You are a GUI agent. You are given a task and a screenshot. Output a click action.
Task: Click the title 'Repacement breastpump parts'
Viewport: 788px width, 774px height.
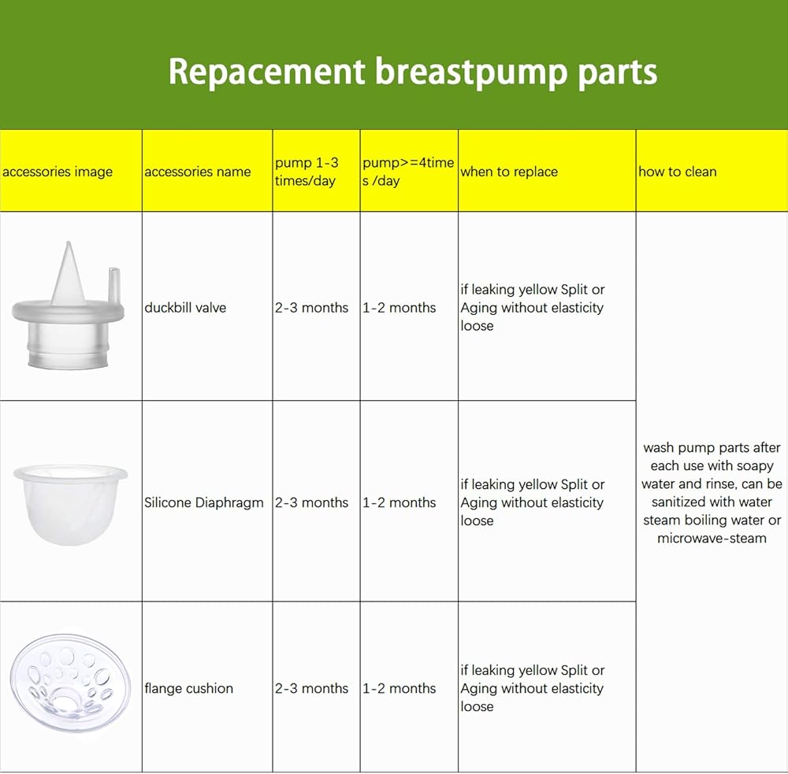click(413, 72)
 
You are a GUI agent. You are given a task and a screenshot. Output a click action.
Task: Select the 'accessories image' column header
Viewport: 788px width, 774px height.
click(58, 172)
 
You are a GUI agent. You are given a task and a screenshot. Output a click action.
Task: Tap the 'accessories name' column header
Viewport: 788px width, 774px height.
click(198, 172)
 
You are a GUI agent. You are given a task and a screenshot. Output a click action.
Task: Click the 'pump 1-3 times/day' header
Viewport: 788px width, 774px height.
click(307, 172)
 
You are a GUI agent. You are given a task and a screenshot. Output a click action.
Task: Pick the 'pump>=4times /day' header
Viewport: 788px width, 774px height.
click(408, 172)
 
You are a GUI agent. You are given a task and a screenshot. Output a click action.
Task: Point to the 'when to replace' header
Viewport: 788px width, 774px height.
click(509, 172)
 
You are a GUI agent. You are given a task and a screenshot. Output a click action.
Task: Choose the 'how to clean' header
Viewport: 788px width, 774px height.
click(678, 172)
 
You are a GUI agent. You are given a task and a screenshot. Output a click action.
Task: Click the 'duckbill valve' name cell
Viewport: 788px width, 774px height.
click(185, 307)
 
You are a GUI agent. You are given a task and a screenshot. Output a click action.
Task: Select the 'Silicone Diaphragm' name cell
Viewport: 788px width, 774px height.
click(203, 502)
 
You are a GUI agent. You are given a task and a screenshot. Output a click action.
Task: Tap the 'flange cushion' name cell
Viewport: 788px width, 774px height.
click(188, 688)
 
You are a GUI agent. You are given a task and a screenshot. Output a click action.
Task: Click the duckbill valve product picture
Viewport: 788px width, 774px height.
click(69, 306)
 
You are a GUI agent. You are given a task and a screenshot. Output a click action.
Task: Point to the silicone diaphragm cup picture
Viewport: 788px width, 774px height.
click(70, 504)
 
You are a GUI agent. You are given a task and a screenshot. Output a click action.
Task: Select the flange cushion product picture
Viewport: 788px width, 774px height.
click(70, 682)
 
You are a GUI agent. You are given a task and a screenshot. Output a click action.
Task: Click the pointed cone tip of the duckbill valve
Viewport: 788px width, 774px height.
click(69, 243)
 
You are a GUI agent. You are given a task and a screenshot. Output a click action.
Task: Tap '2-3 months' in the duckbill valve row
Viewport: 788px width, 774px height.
click(311, 307)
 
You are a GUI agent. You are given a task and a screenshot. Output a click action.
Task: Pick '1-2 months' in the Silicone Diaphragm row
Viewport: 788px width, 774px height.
click(400, 502)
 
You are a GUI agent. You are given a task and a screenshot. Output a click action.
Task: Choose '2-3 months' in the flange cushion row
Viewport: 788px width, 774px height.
click(311, 688)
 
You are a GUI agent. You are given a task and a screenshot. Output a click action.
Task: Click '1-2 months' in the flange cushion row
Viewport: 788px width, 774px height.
click(400, 688)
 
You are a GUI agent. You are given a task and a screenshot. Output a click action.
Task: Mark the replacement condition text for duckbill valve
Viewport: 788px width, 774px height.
click(532, 307)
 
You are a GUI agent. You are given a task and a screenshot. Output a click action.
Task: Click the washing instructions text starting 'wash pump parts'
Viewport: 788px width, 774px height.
click(712, 493)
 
